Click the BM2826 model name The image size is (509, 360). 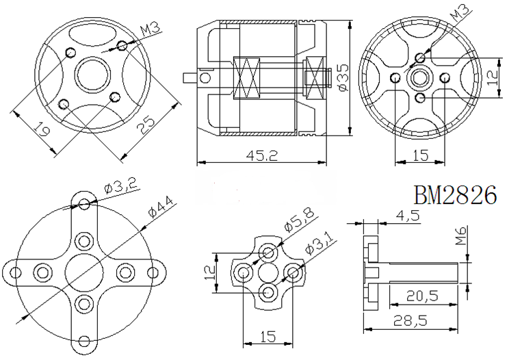455,195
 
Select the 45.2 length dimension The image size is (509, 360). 262,155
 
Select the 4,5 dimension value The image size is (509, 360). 407,216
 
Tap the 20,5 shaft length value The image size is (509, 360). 422,296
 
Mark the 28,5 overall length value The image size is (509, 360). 410,321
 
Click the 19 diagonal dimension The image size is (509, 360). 42,129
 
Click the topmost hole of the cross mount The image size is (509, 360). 84,204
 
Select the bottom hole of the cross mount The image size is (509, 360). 84,341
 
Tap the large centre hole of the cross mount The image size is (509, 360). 84,272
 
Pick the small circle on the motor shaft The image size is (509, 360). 205,77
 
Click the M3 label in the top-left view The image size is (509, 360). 151,29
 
